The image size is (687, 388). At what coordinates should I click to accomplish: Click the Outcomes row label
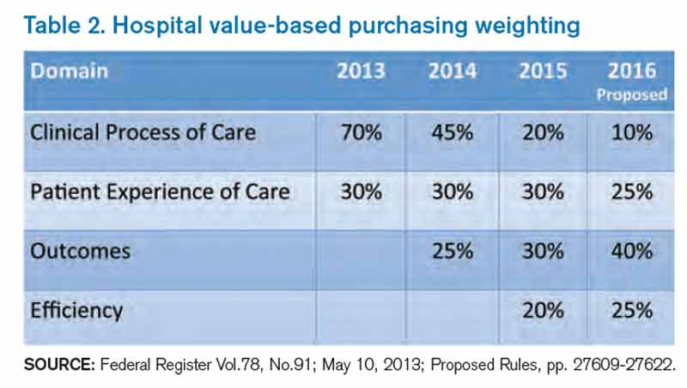click(x=79, y=251)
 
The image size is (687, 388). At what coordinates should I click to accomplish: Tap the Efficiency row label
click(x=76, y=309)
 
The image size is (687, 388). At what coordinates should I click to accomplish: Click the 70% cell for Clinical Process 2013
click(x=361, y=134)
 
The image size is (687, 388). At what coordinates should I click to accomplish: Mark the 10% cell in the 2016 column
click(x=632, y=134)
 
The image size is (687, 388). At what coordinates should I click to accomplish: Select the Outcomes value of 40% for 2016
click(x=632, y=251)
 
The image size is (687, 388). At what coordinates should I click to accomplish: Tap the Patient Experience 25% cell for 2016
click(x=632, y=192)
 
